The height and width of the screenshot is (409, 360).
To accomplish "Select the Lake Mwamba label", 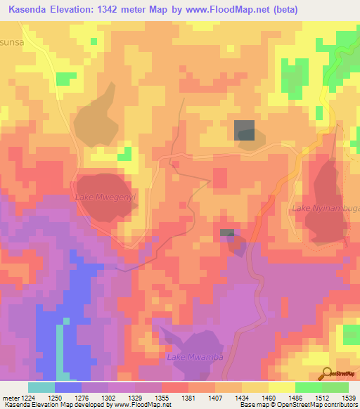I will click(195, 358).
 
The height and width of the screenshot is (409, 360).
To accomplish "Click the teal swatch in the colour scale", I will click(41, 387).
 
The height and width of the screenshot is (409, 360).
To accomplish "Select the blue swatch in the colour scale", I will click(68, 387).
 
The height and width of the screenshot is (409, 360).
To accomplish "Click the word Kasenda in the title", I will click(27, 10).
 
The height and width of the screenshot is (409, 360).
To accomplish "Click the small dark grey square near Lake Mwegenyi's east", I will click(226, 233).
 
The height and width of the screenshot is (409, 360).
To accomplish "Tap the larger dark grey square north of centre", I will click(244, 130).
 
